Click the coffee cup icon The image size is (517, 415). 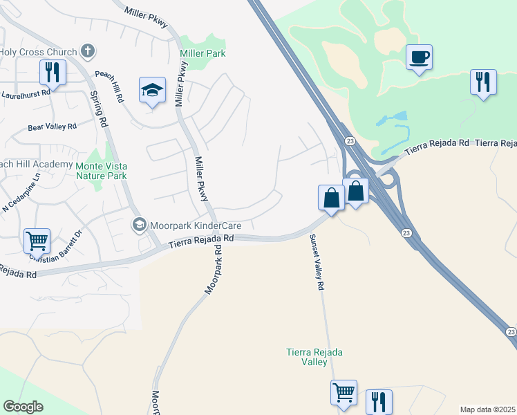pos(419,57)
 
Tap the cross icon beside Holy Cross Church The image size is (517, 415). pos(87,50)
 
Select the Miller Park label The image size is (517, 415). pos(203,53)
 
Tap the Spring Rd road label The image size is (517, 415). pos(99,111)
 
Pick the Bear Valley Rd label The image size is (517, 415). pos(53,127)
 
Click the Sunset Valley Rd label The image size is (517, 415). pos(317,263)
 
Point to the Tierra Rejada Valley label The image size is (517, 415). pos(314,357)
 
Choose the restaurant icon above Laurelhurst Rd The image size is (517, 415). pos(53,71)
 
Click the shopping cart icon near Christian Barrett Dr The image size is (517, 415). pos(37,241)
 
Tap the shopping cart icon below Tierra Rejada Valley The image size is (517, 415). pos(344,393)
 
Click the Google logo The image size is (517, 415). pos(23,407)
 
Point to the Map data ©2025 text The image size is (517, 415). pos(487,409)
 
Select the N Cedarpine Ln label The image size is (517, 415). pos(22,197)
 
